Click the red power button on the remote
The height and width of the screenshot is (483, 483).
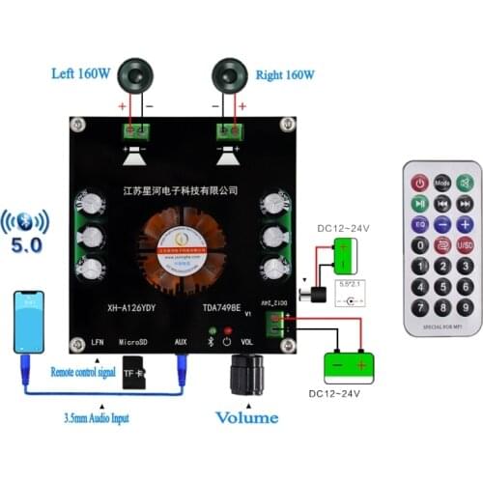tap(419, 182)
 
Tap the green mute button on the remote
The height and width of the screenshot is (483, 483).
tap(465, 182)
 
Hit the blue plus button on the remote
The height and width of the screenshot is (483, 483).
tap(465, 225)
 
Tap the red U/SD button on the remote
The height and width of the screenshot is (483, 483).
tap(465, 246)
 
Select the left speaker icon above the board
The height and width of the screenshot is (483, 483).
tap(132, 75)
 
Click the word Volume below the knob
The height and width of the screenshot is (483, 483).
tap(245, 417)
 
